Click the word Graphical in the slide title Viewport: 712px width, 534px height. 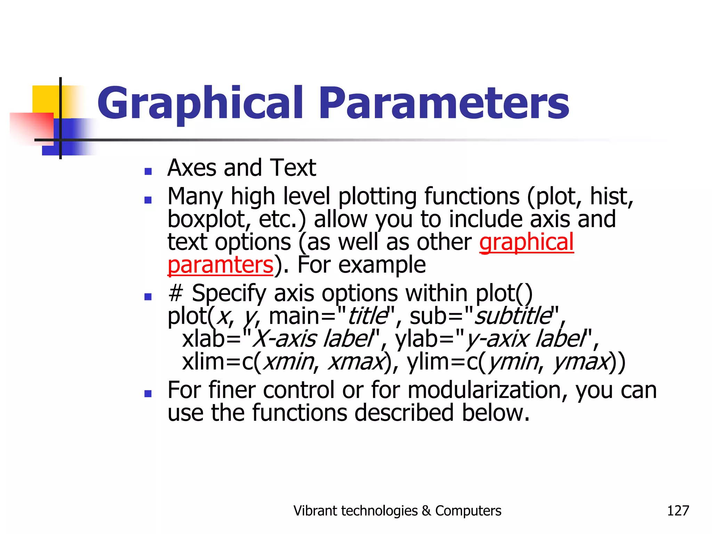200,104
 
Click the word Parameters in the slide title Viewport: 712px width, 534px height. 444,104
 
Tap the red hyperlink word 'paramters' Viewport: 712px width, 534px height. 220,265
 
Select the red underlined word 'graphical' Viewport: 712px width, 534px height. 526,242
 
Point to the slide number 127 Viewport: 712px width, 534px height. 678,511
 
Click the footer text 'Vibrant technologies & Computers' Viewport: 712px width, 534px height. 397,511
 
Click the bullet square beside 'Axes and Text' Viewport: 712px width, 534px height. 148,171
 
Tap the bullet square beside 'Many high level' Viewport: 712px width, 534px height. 148,200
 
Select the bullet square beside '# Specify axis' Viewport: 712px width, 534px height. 148,297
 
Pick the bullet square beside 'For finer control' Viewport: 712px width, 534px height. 148,394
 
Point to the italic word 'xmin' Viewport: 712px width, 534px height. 288,362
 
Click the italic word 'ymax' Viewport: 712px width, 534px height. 581,362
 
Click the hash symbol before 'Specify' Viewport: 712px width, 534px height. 175,293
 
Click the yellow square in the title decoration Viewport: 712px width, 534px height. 45,99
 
